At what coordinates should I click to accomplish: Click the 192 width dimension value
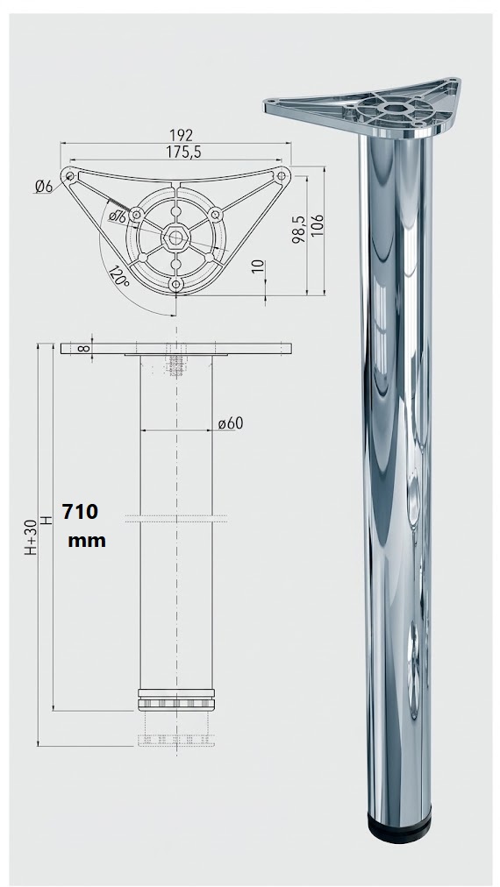pyautogui.click(x=182, y=136)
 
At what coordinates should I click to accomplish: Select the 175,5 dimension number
pyautogui.click(x=184, y=153)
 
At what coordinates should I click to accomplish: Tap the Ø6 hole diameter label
pyautogui.click(x=44, y=185)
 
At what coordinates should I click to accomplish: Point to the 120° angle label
pyautogui.click(x=119, y=275)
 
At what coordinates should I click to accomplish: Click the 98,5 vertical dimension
pyautogui.click(x=299, y=229)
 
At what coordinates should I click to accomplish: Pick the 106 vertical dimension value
pyautogui.click(x=317, y=226)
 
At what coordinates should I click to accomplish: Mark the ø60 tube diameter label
pyautogui.click(x=231, y=423)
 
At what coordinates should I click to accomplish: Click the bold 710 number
pyautogui.click(x=80, y=511)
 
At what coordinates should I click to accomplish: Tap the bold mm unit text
pyautogui.click(x=87, y=541)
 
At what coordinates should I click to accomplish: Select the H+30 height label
pyautogui.click(x=31, y=536)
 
